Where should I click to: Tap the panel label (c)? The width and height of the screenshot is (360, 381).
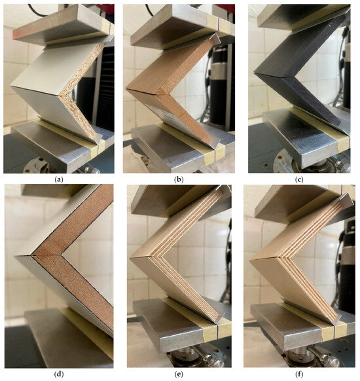pyautogui.click(x=299, y=177)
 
